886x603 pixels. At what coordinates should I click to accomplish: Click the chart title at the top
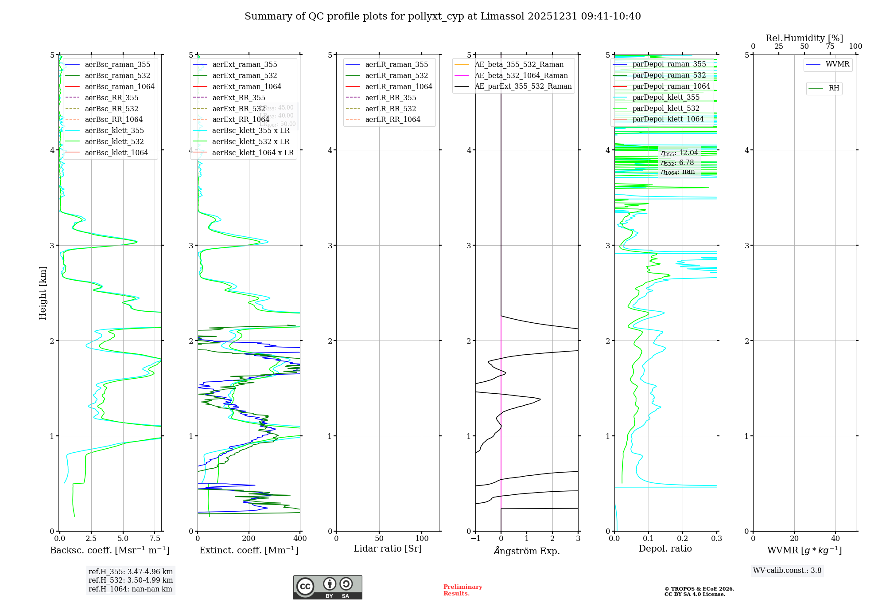coord(443,16)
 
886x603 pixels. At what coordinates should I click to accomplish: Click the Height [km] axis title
coord(43,293)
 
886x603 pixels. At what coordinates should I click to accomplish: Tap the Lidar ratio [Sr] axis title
coord(388,548)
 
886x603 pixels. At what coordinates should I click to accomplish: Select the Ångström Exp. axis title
coord(527,551)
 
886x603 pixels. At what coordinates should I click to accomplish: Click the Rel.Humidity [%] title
coord(804,38)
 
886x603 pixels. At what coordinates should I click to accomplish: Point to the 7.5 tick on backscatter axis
coord(155,539)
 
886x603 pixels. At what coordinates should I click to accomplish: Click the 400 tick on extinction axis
coord(300,539)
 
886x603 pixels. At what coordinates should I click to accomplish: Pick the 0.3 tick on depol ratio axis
coord(716,539)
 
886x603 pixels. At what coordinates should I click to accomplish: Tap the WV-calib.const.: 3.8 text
coord(787,571)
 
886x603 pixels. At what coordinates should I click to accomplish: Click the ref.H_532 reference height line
coord(131,580)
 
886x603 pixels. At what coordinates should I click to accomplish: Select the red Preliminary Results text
coord(462,590)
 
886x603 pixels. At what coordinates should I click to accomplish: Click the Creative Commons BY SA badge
coord(327,587)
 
